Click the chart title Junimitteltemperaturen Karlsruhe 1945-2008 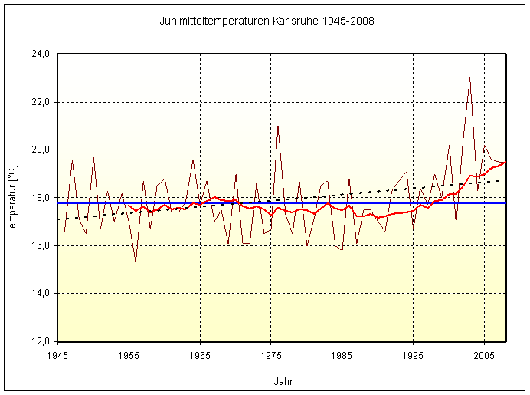click(x=267, y=21)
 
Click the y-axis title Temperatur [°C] click(x=11, y=197)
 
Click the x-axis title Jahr click(x=283, y=381)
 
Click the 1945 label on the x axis click(x=57, y=356)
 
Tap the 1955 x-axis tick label click(x=129, y=356)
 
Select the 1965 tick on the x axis click(x=200, y=356)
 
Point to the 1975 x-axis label click(x=271, y=356)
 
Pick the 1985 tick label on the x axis click(x=342, y=356)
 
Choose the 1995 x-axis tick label click(x=414, y=356)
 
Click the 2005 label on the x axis click(x=484, y=356)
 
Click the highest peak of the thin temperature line click(x=470, y=78)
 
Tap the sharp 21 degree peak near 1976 click(x=278, y=126)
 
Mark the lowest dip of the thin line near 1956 click(x=136, y=262)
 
